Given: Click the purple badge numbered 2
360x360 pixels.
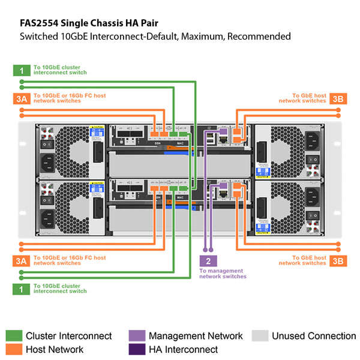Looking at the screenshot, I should (x=208, y=260).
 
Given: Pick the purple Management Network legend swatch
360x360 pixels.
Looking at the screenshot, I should (x=136, y=336).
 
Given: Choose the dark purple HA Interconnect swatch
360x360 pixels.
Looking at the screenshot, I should (x=136, y=349).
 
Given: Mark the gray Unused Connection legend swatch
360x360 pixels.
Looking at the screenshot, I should (x=260, y=336).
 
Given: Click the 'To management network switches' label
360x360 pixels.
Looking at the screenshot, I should (x=223, y=274).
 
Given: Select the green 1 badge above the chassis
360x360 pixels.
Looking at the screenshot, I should (x=21, y=70).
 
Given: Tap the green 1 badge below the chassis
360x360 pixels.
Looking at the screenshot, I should (x=21, y=289).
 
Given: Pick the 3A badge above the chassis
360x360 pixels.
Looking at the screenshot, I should (x=21, y=99).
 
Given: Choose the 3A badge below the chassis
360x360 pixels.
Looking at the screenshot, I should (x=21, y=260).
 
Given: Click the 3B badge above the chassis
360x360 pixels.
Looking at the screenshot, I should (x=337, y=99).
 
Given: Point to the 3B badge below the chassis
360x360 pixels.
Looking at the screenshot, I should (x=337, y=260).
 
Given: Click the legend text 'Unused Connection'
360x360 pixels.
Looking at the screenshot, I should (x=314, y=336).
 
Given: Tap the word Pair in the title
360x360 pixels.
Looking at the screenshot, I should (x=161, y=23).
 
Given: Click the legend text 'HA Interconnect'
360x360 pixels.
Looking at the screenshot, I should (x=183, y=349).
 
